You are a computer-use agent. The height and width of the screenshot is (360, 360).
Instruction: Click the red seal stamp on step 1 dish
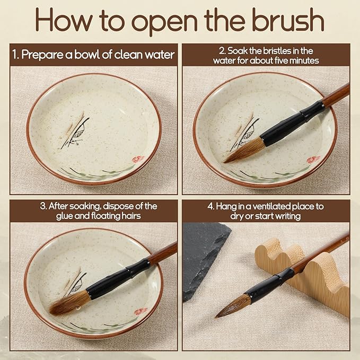point(138,159)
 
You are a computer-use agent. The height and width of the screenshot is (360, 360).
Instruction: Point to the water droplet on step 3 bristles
point(78,307)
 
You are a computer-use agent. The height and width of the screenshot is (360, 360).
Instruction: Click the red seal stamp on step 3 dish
point(141,312)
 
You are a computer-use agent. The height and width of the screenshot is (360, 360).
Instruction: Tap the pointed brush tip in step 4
point(216,317)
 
